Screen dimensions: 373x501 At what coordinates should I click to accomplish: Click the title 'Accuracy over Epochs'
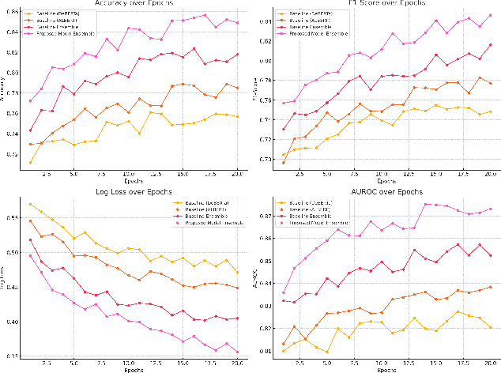[x=125, y=3]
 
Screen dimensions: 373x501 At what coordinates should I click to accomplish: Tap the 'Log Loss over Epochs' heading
[x=124, y=192]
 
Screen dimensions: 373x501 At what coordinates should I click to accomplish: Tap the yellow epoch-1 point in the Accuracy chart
[x=31, y=163]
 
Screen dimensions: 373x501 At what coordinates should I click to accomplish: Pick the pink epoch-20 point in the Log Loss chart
[x=236, y=352]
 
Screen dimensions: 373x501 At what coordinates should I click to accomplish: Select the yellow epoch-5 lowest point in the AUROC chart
[x=326, y=351]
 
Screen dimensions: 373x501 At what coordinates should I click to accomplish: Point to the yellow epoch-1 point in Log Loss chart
[x=31, y=204]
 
